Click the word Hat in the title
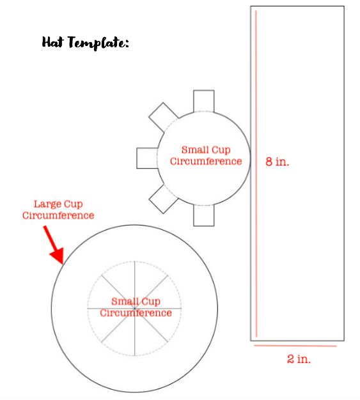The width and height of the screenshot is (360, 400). (52, 42)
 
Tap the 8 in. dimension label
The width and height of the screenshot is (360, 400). (278, 162)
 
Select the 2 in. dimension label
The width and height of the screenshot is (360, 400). (299, 359)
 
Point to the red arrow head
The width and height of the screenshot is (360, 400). (58, 256)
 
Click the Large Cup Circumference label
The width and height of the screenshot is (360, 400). (58, 210)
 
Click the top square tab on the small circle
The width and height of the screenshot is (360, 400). (204, 101)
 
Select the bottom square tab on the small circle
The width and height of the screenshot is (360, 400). (204, 215)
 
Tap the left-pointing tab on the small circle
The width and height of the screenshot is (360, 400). (147, 158)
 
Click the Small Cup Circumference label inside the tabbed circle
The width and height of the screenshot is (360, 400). (206, 155)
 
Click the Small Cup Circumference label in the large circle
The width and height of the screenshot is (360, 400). (136, 307)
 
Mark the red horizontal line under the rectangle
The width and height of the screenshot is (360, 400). (295, 346)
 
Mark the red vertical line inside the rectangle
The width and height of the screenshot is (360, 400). (256, 174)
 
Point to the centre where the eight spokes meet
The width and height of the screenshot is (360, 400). (134, 309)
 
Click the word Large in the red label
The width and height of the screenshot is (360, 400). (48, 204)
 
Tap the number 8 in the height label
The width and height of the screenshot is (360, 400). (269, 162)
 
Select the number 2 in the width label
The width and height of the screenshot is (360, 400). (290, 359)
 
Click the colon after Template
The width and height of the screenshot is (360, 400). (127, 43)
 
